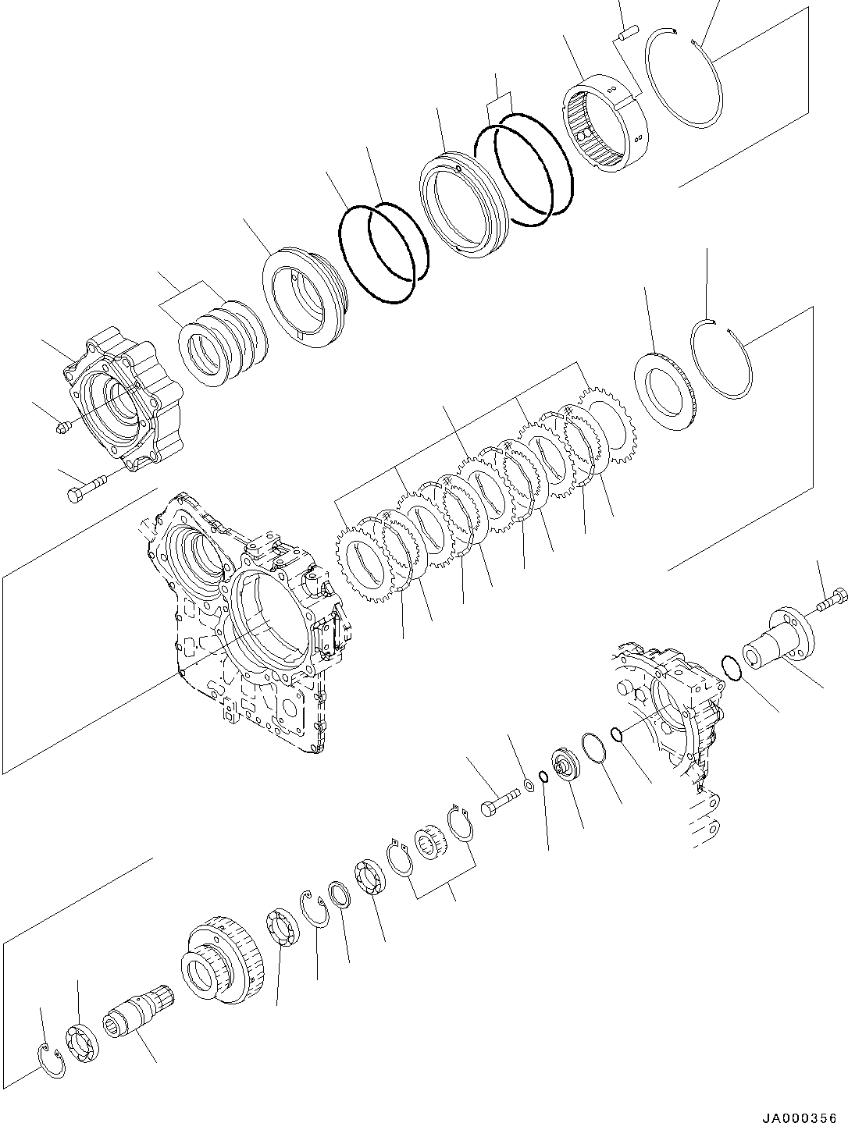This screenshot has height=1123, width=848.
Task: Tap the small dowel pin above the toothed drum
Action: [629, 32]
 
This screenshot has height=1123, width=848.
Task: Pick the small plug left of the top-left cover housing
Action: [65, 425]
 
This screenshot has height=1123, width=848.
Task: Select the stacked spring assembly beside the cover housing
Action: [222, 343]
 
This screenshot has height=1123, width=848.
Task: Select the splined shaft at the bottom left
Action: [137, 1015]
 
